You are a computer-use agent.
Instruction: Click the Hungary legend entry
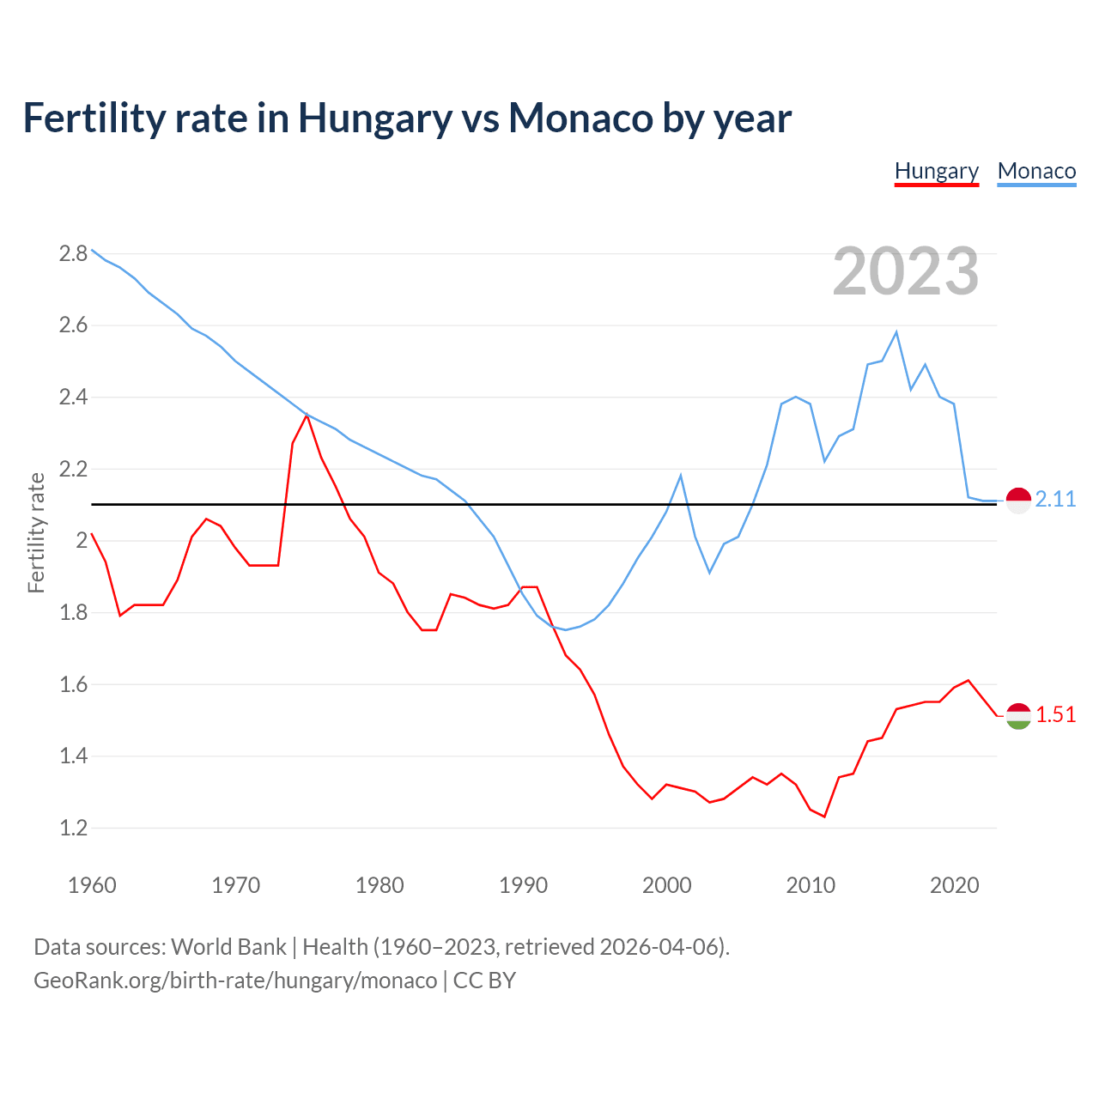click(936, 171)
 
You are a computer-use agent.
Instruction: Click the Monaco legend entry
click(1036, 171)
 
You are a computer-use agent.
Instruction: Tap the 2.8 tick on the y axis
click(73, 253)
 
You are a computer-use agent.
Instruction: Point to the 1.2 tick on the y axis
click(73, 829)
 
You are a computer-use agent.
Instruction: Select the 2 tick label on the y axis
click(82, 541)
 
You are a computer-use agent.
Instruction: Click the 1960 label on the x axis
click(92, 885)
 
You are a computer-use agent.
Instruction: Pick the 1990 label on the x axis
click(523, 885)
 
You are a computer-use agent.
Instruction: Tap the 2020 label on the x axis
click(954, 885)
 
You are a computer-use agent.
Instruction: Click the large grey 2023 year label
click(906, 271)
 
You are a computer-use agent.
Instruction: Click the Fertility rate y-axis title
click(36, 532)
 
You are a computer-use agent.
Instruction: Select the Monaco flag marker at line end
click(1018, 500)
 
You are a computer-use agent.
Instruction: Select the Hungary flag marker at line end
click(1018, 716)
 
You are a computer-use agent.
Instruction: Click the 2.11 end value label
click(1055, 500)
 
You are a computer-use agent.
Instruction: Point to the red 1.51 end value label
click(1055, 715)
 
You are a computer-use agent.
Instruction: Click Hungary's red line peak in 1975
click(307, 416)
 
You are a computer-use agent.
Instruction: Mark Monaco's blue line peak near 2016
click(896, 332)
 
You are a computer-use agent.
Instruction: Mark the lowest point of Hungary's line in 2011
click(824, 817)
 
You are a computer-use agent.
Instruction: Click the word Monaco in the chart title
click(580, 118)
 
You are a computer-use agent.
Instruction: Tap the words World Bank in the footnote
click(228, 947)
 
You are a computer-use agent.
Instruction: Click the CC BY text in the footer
click(484, 981)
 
